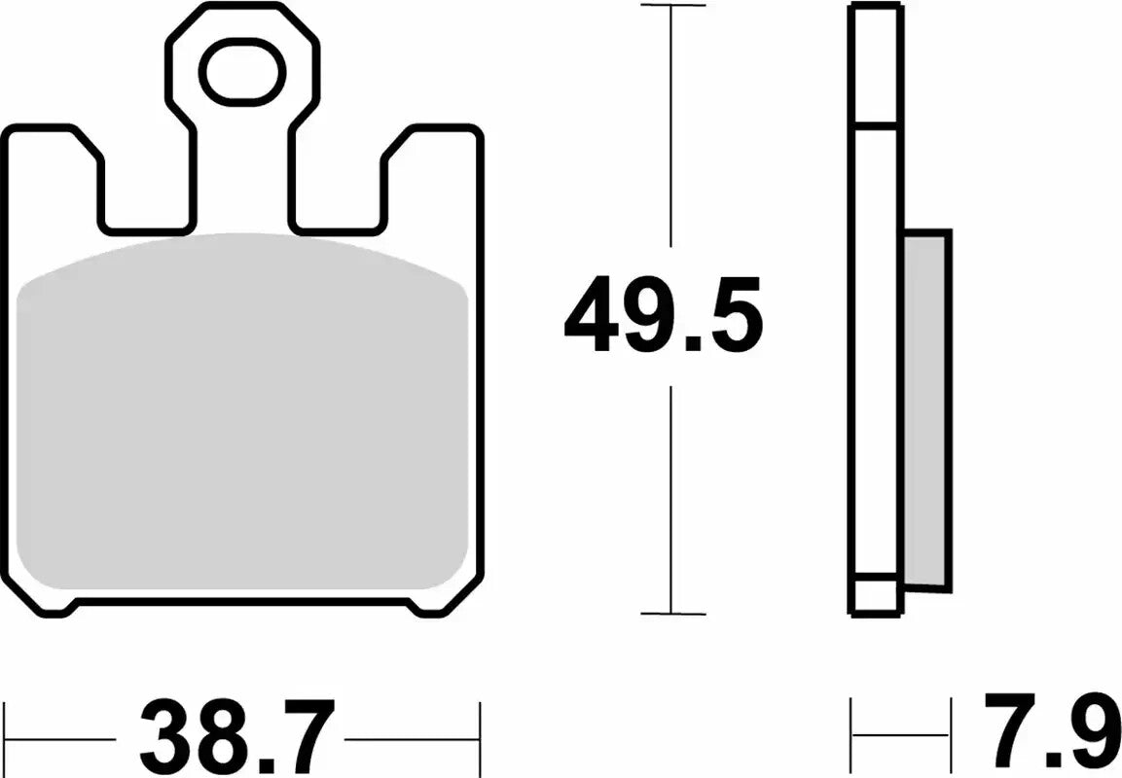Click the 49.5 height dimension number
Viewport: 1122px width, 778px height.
663,313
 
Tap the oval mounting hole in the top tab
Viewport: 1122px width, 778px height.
242,72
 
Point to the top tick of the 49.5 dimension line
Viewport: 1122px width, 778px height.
672,6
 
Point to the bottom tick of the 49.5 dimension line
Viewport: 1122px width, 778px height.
672,614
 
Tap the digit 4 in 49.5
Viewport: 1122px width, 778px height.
596,313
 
